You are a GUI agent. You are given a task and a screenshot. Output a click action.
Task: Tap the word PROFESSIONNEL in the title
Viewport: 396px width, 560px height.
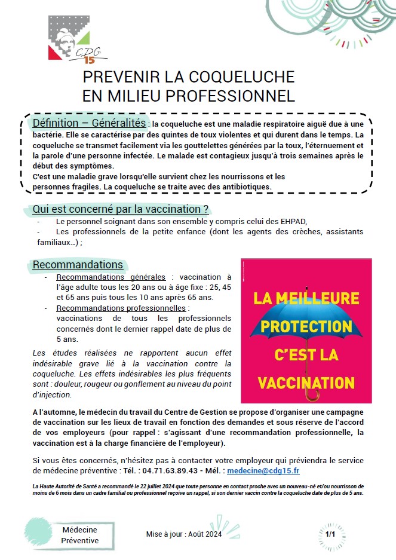pos(229,96)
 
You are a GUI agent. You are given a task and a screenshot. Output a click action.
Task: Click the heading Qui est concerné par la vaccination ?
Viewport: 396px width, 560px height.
pos(121,209)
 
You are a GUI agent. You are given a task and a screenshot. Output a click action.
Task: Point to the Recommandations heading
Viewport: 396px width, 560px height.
pos(78,264)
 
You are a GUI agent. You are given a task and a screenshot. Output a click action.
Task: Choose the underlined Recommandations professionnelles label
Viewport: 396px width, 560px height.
pos(121,308)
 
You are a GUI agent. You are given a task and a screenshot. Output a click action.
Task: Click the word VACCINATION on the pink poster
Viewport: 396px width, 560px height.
pos(306,381)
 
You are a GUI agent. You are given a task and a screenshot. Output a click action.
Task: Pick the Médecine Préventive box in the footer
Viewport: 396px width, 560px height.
pos(80,535)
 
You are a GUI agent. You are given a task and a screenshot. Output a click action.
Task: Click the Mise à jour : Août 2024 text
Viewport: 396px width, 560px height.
pos(184,534)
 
